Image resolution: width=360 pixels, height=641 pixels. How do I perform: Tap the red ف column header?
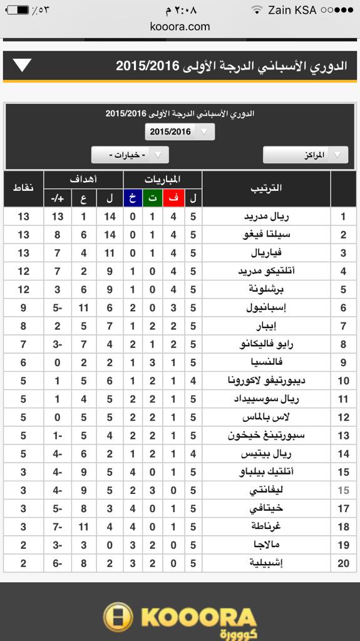[x=174, y=198]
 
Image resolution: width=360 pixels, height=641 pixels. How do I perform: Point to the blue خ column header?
[x=133, y=198]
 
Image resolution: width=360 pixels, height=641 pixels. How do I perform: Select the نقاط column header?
[x=24, y=188]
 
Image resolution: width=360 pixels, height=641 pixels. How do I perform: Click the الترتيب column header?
[x=266, y=188]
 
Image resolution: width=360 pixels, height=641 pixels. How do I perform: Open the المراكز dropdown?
[x=306, y=155]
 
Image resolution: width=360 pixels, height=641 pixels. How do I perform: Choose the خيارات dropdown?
[x=130, y=155]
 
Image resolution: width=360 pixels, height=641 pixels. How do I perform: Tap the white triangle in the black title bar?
[x=23, y=65]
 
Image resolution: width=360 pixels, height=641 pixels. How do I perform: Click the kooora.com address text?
[x=180, y=26]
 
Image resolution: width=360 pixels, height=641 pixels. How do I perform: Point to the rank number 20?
[x=343, y=563]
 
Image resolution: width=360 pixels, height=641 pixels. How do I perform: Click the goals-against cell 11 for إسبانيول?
[x=83, y=308]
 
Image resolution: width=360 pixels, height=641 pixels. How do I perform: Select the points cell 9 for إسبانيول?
[x=24, y=308]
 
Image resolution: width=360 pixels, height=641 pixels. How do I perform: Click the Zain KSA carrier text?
[x=292, y=10]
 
